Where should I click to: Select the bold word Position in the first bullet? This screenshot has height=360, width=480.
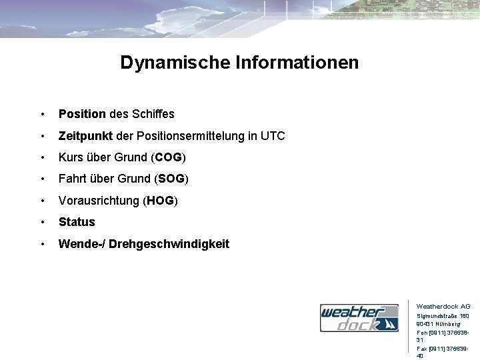tap(82, 114)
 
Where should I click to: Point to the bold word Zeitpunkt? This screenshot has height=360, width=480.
tap(86, 136)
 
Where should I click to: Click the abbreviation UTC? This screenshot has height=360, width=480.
tap(272, 136)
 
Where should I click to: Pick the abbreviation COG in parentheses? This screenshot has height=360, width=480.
tap(169, 157)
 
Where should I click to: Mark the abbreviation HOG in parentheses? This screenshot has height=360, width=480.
tap(161, 201)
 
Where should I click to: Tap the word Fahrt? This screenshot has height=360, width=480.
tap(73, 179)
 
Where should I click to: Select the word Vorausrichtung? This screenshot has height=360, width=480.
tap(99, 201)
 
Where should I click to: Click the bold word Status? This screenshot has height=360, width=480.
tap(77, 222)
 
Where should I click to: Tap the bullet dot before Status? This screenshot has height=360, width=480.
tap(43, 222)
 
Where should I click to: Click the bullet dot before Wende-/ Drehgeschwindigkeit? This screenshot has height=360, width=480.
tap(43, 244)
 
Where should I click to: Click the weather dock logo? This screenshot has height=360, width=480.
tap(359, 318)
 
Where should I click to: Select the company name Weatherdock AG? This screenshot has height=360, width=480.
tap(443, 306)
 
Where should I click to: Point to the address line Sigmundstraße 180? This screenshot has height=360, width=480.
tap(443, 316)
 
